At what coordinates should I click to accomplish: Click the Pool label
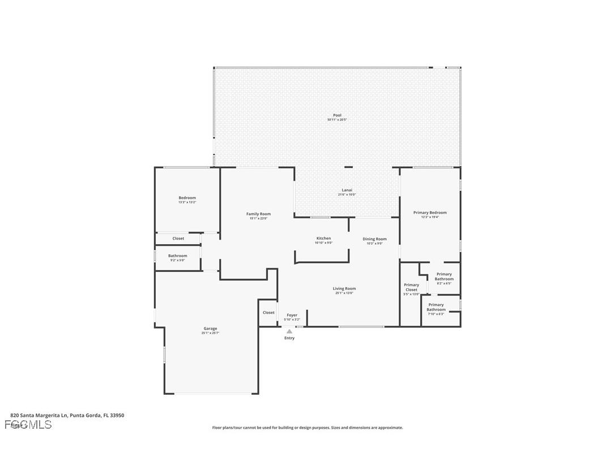(x=337, y=116)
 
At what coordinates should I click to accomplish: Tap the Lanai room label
(x=347, y=190)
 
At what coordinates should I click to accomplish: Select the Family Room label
(x=258, y=214)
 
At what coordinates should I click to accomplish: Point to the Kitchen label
(x=323, y=238)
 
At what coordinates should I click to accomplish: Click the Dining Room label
(x=374, y=239)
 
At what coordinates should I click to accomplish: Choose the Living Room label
(x=344, y=289)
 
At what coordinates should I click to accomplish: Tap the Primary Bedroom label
(x=430, y=213)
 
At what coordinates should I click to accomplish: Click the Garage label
(x=210, y=328)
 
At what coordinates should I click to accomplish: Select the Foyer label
(x=292, y=315)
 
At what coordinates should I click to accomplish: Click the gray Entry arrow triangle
(x=289, y=332)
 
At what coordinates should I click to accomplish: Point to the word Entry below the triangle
(x=289, y=338)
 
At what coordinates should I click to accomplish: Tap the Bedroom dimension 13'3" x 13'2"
(x=187, y=202)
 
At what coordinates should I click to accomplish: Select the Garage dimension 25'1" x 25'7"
(x=210, y=333)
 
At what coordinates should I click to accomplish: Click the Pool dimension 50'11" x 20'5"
(x=337, y=120)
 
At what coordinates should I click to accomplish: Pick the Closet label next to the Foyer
(x=268, y=313)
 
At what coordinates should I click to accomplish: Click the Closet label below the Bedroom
(x=178, y=238)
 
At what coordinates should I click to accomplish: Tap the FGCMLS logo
(x=28, y=425)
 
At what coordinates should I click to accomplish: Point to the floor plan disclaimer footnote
(x=308, y=428)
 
